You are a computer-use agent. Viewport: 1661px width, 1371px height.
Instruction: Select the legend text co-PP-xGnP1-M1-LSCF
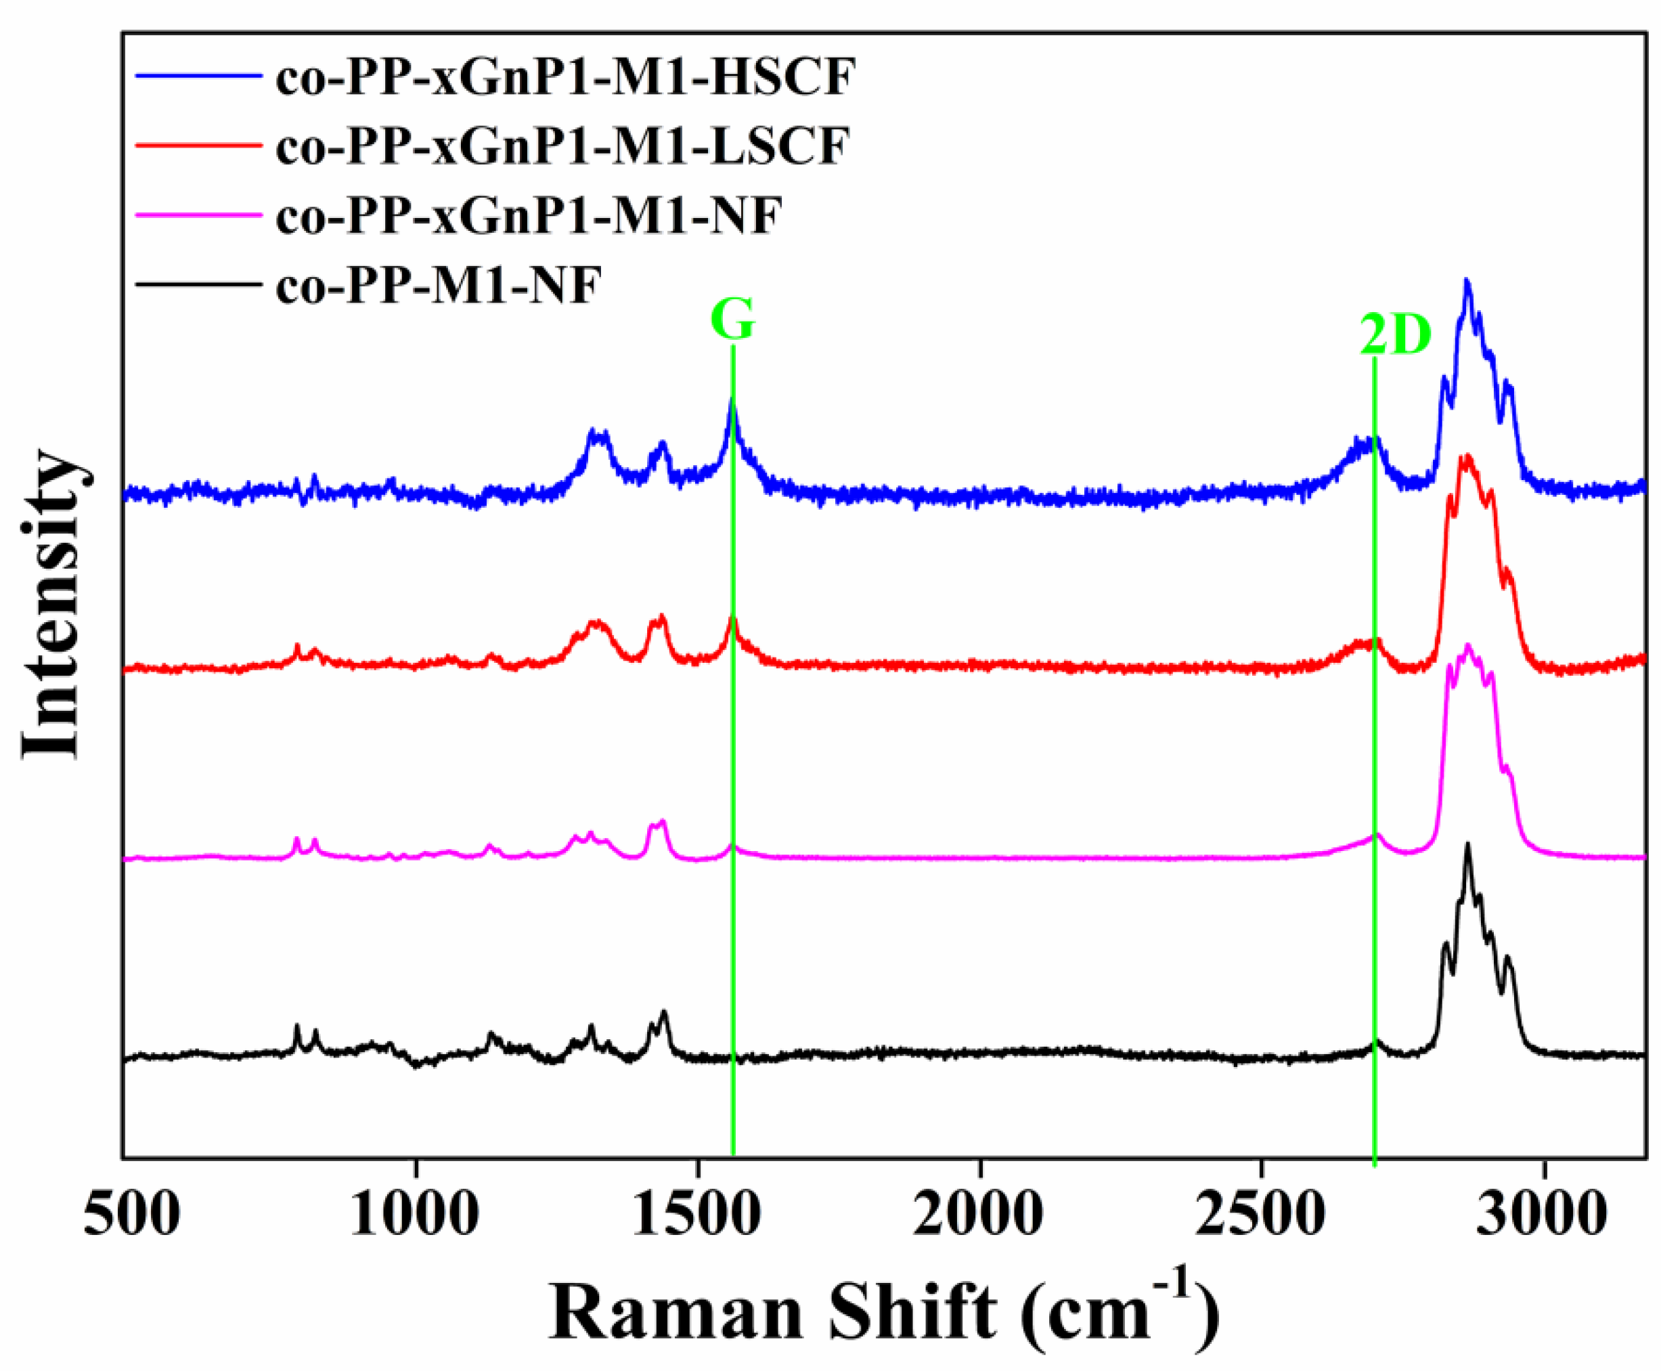[562, 147]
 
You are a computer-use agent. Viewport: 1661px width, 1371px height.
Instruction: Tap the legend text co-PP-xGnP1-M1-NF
[528, 215]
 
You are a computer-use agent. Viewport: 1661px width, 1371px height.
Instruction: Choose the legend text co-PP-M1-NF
[438, 285]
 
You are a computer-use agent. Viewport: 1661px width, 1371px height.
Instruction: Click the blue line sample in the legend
[198, 76]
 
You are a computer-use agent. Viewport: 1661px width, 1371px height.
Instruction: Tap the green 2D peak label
[1394, 335]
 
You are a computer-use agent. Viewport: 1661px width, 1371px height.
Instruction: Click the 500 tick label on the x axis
[131, 1216]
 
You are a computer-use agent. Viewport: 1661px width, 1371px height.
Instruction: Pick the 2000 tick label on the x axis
[979, 1216]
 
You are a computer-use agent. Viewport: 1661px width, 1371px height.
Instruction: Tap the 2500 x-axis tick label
[1261, 1216]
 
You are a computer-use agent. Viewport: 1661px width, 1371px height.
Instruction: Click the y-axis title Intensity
[51, 604]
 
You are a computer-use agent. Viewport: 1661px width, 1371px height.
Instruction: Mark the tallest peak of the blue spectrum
[1466, 281]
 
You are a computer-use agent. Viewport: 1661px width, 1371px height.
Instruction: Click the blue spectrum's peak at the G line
[732, 401]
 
